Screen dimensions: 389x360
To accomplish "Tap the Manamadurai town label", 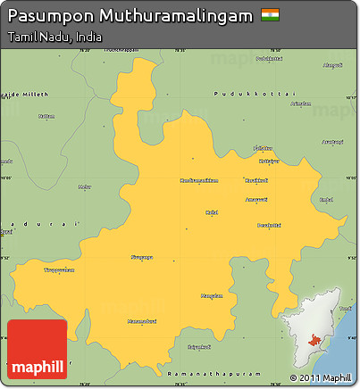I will click(x=142, y=320).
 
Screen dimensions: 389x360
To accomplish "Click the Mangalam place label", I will click(x=211, y=295).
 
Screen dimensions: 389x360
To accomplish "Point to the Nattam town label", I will click(x=46, y=116).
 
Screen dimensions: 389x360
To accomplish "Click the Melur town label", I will click(x=84, y=186).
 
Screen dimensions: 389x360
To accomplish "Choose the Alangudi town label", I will click(x=331, y=65).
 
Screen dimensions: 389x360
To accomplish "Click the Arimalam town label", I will click(x=300, y=103).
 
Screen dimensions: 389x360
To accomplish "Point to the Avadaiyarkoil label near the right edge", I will click(x=331, y=141).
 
